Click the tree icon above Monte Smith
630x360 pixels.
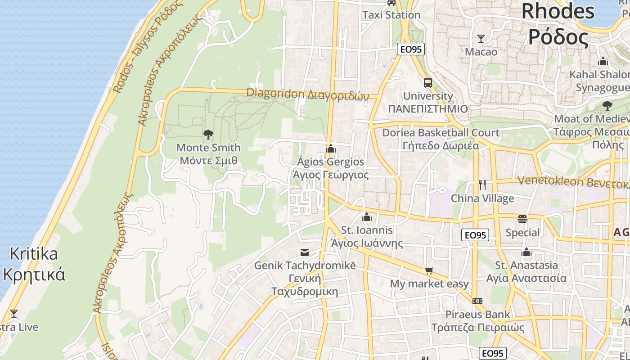coord(208,134)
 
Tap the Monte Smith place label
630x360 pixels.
coord(208,154)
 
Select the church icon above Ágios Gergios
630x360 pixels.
coord(331,148)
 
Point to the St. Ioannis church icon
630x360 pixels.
coord(367,217)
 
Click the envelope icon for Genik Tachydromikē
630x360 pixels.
coord(305,252)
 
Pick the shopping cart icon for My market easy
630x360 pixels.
coord(429,270)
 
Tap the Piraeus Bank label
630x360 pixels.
coord(478,321)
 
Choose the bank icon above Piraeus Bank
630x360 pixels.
coord(477,301)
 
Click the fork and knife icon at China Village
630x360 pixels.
coord(482,185)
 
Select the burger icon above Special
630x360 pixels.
coord(522,219)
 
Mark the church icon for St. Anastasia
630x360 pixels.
coord(526,252)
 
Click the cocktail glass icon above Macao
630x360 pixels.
coord(481,39)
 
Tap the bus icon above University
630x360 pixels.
coord(427,83)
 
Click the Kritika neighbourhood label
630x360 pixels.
coord(34,264)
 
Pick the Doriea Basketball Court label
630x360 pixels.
coord(441,139)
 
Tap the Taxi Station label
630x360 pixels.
coord(391,15)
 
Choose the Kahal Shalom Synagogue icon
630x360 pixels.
coord(603,62)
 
